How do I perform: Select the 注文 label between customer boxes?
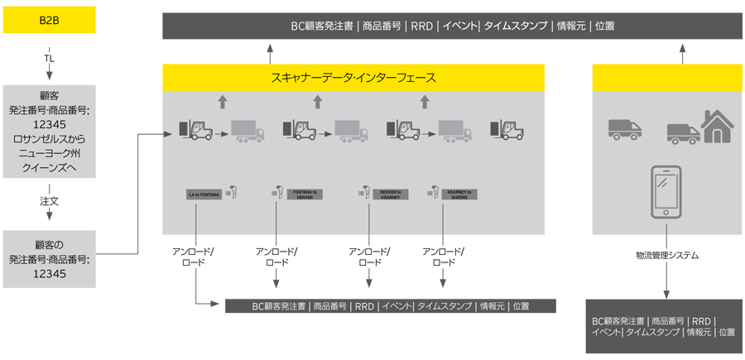coord(49,200)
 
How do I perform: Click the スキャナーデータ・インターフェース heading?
coord(353,78)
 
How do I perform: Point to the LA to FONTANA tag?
coord(204,194)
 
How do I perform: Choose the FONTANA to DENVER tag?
coord(304,194)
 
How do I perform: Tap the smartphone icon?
coord(666,192)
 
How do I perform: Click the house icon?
coord(717,127)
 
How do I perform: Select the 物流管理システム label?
coord(666,256)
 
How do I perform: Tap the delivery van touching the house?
coord(683,133)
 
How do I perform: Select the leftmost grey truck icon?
coord(248,131)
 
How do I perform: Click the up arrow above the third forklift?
coord(425,102)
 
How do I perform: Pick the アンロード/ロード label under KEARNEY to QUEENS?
coord(444,257)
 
